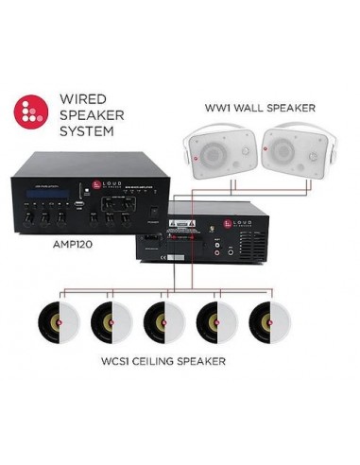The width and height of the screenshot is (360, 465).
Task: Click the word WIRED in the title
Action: coord(81,98)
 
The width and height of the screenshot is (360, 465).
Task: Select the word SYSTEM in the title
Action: coord(86,131)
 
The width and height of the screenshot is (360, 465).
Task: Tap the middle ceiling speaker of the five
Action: coord(162,322)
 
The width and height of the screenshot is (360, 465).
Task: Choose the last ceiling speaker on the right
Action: coord(268,322)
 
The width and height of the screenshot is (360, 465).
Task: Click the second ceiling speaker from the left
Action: coord(109,322)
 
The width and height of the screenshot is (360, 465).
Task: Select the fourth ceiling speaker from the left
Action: coord(215,322)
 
